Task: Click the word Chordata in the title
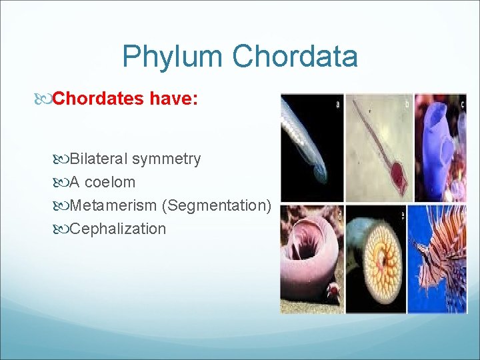click(x=295, y=57)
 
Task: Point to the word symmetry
click(x=166, y=159)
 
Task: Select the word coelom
click(x=109, y=182)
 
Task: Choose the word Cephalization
click(x=117, y=229)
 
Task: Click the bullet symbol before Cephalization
click(x=62, y=229)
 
